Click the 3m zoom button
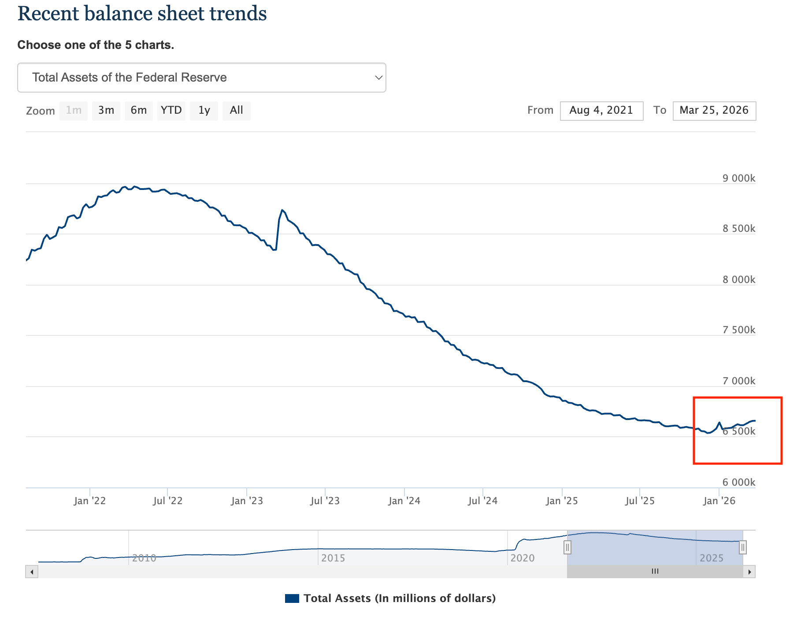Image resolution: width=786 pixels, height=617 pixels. tap(106, 110)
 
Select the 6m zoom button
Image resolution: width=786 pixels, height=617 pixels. tap(138, 110)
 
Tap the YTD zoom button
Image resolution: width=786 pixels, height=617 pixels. tap(171, 110)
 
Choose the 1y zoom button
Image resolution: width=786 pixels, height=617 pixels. tap(204, 110)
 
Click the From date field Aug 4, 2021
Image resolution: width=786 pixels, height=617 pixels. tap(601, 111)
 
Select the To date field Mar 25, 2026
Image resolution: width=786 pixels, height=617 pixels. tap(714, 111)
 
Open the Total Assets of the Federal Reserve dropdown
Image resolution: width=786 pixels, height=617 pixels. tap(201, 78)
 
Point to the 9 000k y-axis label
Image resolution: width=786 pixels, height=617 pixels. tap(738, 178)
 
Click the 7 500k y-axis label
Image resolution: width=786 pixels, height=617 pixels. tap(738, 330)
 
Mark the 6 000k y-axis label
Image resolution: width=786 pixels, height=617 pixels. tap(738, 482)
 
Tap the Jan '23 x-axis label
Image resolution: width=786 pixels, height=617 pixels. tap(247, 501)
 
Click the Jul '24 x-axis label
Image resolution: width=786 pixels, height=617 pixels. tap(482, 501)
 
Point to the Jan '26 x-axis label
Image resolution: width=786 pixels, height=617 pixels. tap(719, 501)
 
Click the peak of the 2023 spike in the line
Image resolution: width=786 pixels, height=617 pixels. tap(282, 210)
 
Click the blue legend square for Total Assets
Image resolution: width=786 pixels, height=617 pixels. tap(292, 598)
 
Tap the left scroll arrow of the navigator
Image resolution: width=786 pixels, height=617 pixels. tap(32, 572)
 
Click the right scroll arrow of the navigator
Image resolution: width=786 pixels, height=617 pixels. tap(749, 572)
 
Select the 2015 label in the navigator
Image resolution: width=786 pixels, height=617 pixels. tap(333, 558)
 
